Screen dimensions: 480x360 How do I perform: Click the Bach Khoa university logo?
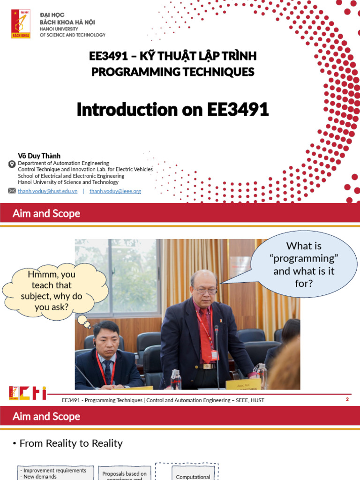coord(21,24)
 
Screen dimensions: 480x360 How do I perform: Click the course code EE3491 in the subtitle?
coord(108,56)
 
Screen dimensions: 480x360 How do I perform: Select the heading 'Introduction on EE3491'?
coord(172,110)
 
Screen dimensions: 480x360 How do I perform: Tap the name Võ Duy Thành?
coord(39,156)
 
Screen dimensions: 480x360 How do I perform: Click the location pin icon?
coord(12,164)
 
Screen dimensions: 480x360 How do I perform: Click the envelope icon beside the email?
coord(12,191)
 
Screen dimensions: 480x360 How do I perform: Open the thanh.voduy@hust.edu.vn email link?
coord(48,191)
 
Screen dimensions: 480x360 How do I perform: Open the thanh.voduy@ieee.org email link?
coord(115,191)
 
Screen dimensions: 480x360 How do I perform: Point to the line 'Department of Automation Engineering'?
coord(63,163)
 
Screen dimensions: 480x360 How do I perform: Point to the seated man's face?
coord(106,338)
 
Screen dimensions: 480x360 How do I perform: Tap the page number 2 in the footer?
coord(347,399)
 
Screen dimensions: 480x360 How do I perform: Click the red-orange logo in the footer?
coord(27,393)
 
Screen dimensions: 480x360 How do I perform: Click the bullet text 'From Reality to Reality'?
coord(71,443)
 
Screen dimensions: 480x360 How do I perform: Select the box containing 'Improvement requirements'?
coord(55,473)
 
